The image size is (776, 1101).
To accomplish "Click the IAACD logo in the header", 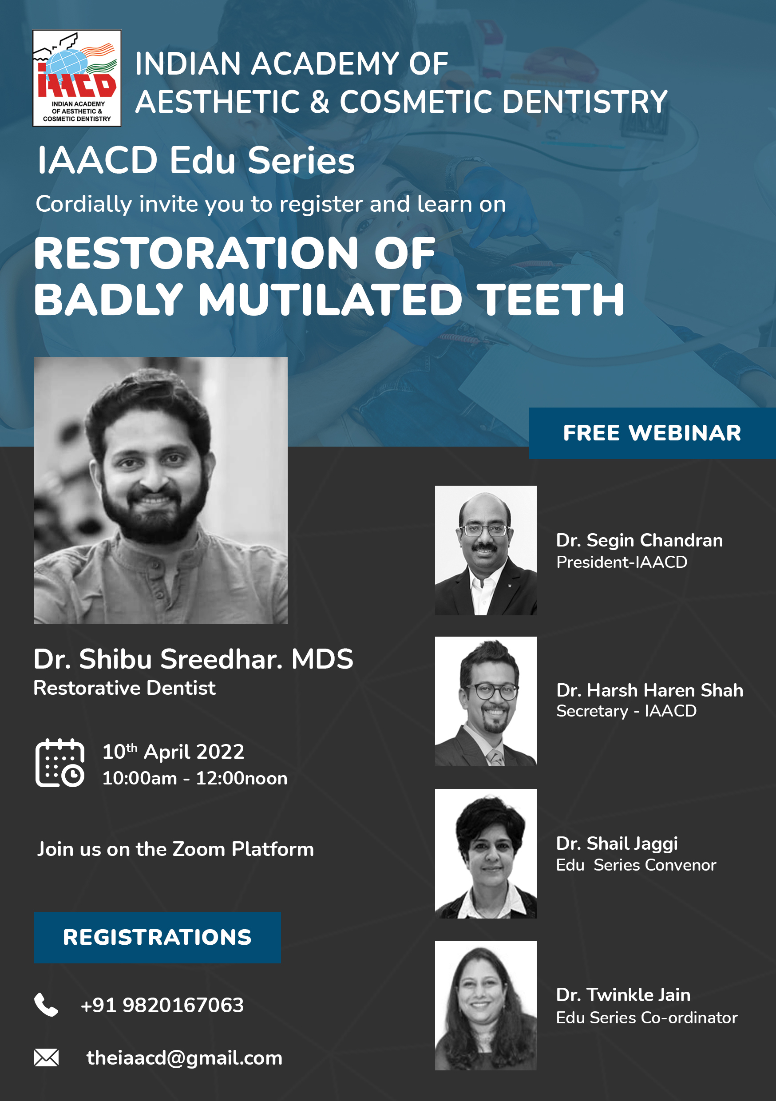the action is (77, 78).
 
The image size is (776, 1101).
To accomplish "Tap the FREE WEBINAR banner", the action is (652, 433).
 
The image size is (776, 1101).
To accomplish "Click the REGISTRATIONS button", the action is (157, 938).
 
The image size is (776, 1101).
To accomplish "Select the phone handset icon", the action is (46, 1005).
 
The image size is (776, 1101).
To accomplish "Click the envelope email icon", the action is (46, 1057).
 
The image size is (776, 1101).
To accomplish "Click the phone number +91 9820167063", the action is (162, 1005).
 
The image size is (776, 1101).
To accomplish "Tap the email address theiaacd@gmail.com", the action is (184, 1058).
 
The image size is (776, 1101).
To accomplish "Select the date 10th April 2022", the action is (173, 752).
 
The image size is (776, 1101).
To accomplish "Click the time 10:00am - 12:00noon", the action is (195, 778).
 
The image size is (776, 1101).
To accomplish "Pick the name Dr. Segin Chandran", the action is (639, 540).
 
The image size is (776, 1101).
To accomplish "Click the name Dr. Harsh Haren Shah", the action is (650, 690).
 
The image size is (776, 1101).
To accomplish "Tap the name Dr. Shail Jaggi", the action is (617, 844).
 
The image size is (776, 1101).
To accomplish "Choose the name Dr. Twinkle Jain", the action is (623, 995).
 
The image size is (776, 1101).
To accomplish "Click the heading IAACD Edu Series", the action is (196, 160).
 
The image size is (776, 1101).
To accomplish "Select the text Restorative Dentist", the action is (124, 688).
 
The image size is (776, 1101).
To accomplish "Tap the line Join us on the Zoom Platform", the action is (175, 849).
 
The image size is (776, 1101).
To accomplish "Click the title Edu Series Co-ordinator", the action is (646, 1018).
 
